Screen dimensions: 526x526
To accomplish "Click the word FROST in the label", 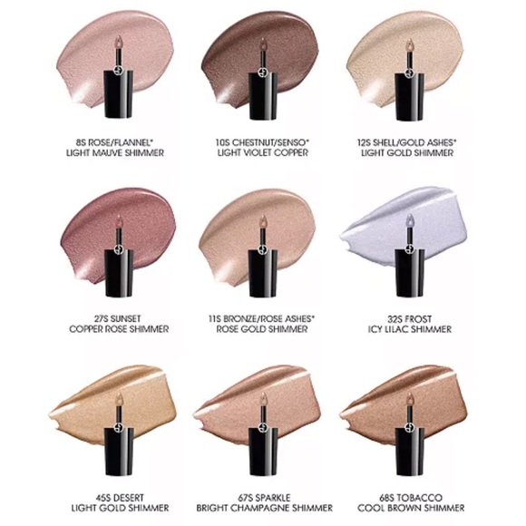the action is (x=418, y=318).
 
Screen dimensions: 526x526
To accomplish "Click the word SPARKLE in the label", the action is (x=273, y=498).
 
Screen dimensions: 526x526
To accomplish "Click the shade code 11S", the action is (x=215, y=318).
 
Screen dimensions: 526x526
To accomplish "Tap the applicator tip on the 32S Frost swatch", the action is (x=410, y=220).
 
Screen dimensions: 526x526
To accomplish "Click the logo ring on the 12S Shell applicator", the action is (x=409, y=73).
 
